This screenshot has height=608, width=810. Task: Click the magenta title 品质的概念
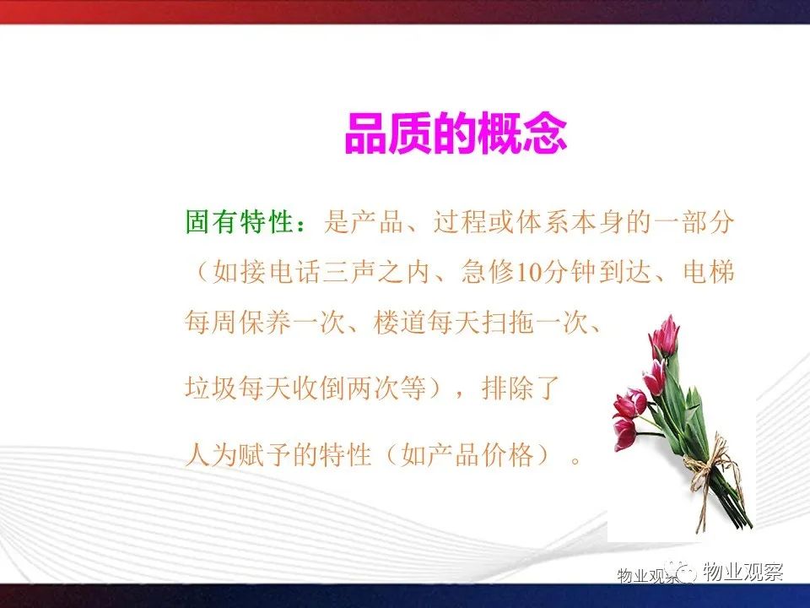coord(456,133)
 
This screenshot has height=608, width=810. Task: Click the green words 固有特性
coord(240,222)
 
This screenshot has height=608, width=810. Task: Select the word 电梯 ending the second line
coord(708,272)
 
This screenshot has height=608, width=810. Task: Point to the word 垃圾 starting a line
coord(211,388)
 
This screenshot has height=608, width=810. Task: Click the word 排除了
coord(521,388)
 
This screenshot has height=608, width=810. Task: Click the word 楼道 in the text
coord(399,323)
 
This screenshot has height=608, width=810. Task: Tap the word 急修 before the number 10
coord(488,272)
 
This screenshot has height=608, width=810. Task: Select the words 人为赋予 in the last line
coord(238,455)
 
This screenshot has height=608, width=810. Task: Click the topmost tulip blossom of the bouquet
coord(666,335)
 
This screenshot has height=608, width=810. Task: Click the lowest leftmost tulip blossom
coord(625,433)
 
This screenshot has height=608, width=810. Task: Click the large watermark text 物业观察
coord(743,572)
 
